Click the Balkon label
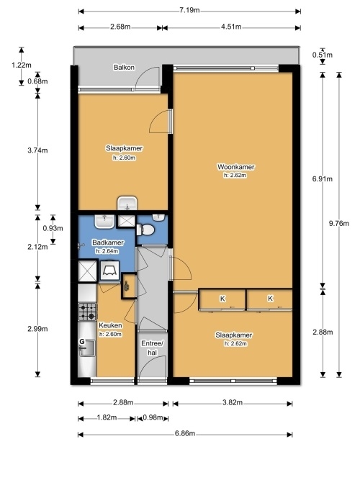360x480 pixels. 124,68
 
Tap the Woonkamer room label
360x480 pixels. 236,167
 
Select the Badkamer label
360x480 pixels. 108,243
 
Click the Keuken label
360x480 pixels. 110,325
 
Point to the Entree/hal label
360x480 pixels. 153,348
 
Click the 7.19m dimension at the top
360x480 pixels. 189,10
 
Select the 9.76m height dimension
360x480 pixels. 339,223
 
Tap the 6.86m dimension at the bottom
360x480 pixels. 185,434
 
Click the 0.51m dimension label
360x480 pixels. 323,55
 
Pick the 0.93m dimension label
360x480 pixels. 53,228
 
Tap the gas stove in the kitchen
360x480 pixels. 87,312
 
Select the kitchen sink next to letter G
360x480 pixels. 87,348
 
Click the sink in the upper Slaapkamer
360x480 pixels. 127,204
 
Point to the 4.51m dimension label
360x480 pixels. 231,27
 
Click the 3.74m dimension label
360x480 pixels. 37,150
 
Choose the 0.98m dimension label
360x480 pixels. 153,417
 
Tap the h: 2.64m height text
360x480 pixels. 107,251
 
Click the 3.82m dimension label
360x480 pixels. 233,402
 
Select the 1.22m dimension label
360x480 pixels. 21,65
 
